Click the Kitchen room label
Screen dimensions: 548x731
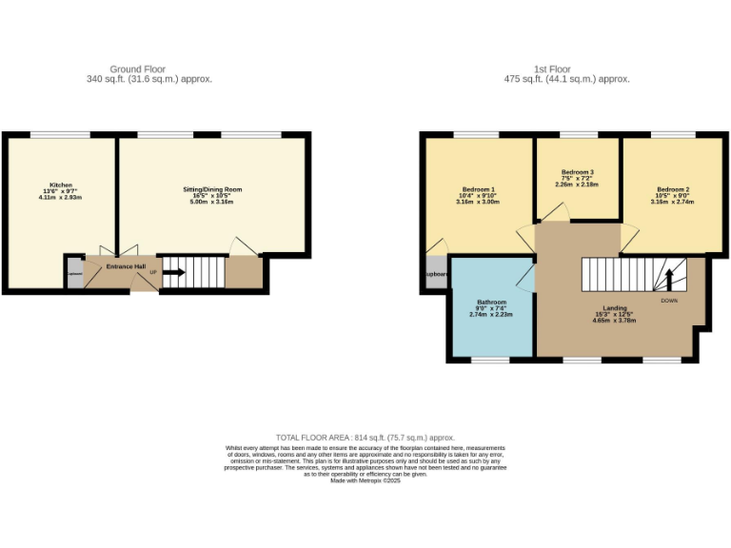[x=61, y=190]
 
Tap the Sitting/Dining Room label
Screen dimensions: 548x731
[x=213, y=195]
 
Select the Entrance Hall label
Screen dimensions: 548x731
[x=126, y=266]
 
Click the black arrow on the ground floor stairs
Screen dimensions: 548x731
[x=174, y=272]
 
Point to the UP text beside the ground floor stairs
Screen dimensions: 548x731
[x=153, y=272]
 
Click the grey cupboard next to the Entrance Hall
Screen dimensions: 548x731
[x=74, y=273]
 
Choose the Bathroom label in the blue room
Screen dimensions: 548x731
[x=491, y=307]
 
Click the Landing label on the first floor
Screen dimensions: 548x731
[x=614, y=313]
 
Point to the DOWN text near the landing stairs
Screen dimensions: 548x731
[x=669, y=301]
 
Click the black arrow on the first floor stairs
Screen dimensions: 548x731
[x=668, y=279]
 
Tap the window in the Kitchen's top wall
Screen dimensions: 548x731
[x=60, y=135]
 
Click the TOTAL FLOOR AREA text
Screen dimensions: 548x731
[x=365, y=437]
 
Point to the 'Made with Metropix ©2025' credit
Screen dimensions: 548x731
[x=365, y=480]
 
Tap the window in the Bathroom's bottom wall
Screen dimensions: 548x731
[x=490, y=360]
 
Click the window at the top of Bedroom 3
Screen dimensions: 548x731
[x=577, y=135]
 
